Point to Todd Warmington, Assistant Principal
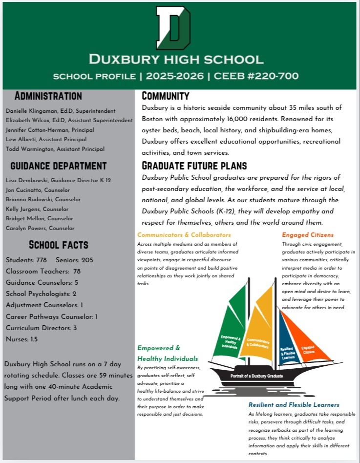(55, 148)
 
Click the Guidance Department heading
(58, 166)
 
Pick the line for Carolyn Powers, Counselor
(40, 228)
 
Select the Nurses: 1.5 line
(21, 339)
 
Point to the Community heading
(165, 96)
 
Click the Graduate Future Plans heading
(194, 166)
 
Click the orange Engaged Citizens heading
(308, 235)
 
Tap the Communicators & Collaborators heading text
(184, 235)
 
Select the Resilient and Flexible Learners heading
(294, 405)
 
